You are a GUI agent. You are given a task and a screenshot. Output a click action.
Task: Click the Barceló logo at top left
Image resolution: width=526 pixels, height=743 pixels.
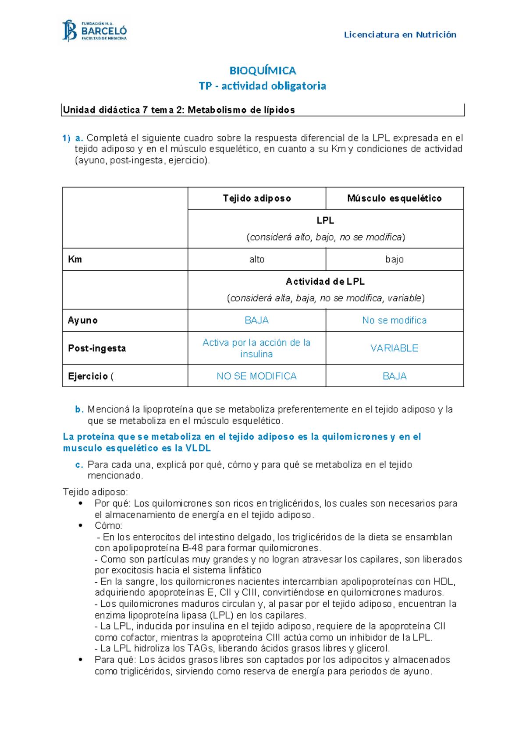pyautogui.click(x=95, y=31)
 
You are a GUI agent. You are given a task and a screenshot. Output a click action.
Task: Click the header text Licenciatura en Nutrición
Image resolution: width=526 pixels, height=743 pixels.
pyautogui.click(x=400, y=35)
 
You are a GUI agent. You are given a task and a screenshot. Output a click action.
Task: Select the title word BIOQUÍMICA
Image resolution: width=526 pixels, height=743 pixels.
pyautogui.click(x=263, y=71)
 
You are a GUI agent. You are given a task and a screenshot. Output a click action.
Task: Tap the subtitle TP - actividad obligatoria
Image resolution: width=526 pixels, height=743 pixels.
pyautogui.click(x=262, y=86)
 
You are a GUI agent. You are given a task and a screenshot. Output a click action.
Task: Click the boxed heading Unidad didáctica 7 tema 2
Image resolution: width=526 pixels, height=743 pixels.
pyautogui.click(x=179, y=110)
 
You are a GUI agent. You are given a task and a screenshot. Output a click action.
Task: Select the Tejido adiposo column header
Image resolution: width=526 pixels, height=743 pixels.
pyautogui.click(x=256, y=198)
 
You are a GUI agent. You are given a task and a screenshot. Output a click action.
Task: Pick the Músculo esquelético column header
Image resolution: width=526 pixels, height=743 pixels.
pyautogui.click(x=394, y=198)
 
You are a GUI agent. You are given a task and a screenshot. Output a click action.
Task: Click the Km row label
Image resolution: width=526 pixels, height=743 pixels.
pyautogui.click(x=75, y=259)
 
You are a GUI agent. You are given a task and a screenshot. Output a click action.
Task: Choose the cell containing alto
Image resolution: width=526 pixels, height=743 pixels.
pyautogui.click(x=256, y=259)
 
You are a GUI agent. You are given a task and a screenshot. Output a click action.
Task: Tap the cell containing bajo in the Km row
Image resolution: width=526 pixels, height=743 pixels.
pyautogui.click(x=394, y=259)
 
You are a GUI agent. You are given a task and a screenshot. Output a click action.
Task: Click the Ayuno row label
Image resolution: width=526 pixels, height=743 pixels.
pyautogui.click(x=82, y=320)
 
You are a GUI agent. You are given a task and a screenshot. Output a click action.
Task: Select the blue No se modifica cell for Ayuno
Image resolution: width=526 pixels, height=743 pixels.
pyautogui.click(x=394, y=320)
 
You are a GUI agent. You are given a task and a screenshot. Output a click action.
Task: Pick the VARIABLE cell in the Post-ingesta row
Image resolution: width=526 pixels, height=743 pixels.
pyautogui.click(x=394, y=348)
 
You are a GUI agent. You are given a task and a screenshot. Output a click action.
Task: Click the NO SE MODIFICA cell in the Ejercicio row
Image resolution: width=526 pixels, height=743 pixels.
pyautogui.click(x=256, y=376)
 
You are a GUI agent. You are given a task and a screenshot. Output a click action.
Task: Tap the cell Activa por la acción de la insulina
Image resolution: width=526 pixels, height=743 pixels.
pyautogui.click(x=256, y=348)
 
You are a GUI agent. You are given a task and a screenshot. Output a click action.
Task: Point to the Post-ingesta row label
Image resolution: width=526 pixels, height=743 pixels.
pyautogui.click(x=97, y=348)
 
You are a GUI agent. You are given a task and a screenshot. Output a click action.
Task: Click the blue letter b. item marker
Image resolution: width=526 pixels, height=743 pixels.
pyautogui.click(x=79, y=410)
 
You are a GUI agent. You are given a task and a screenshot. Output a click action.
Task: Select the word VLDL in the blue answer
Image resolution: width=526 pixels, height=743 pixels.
pyautogui.click(x=198, y=448)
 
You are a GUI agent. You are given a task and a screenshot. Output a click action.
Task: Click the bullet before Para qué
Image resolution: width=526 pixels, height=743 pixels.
pyautogui.click(x=80, y=659)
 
